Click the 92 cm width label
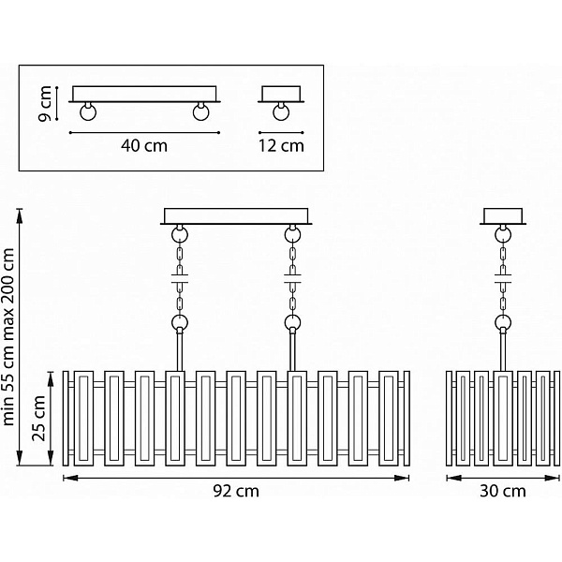(236, 491)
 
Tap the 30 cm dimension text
(503, 491)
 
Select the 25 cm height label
(38, 419)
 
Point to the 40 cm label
(144, 146)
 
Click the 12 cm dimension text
(281, 146)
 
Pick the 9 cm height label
(45, 104)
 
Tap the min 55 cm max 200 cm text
(8, 336)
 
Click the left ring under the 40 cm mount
(88, 111)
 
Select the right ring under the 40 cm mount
(201, 111)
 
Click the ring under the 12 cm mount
(281, 111)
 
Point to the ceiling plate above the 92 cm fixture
(236, 216)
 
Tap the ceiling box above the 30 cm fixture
(503, 216)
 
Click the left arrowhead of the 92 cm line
(70, 478)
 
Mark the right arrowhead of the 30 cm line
(552, 478)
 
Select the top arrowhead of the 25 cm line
(51, 378)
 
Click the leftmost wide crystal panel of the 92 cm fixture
(84, 419)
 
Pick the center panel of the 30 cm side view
(503, 419)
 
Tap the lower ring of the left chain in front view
(180, 322)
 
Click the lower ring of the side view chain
(503, 322)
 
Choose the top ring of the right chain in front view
(293, 235)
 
